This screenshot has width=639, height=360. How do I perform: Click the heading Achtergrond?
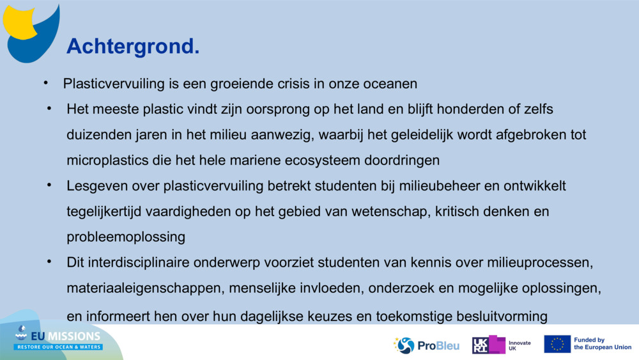(x=133, y=46)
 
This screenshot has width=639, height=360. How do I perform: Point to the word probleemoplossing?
(x=126, y=237)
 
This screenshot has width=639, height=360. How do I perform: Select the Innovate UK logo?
(x=501, y=345)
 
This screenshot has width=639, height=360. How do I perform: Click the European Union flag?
(x=557, y=344)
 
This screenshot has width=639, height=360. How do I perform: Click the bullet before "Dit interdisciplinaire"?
(x=49, y=262)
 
